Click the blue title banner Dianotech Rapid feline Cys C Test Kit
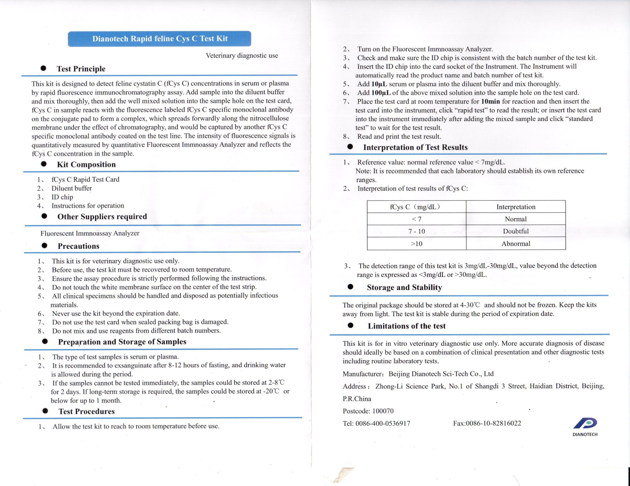click(x=159, y=39)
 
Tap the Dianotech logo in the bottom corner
click(x=585, y=426)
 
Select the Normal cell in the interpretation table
click(x=516, y=219)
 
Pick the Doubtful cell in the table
click(x=516, y=231)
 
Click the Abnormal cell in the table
click(x=516, y=243)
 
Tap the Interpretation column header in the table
click(x=516, y=207)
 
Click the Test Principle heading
click(x=81, y=69)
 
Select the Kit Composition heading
click(x=86, y=164)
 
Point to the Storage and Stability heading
click(x=404, y=287)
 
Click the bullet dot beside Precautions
click(x=45, y=245)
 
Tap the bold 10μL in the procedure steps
click(x=379, y=84)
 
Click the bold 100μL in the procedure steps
click(x=381, y=93)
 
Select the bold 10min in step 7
click(x=490, y=101)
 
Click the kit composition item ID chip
click(x=62, y=197)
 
